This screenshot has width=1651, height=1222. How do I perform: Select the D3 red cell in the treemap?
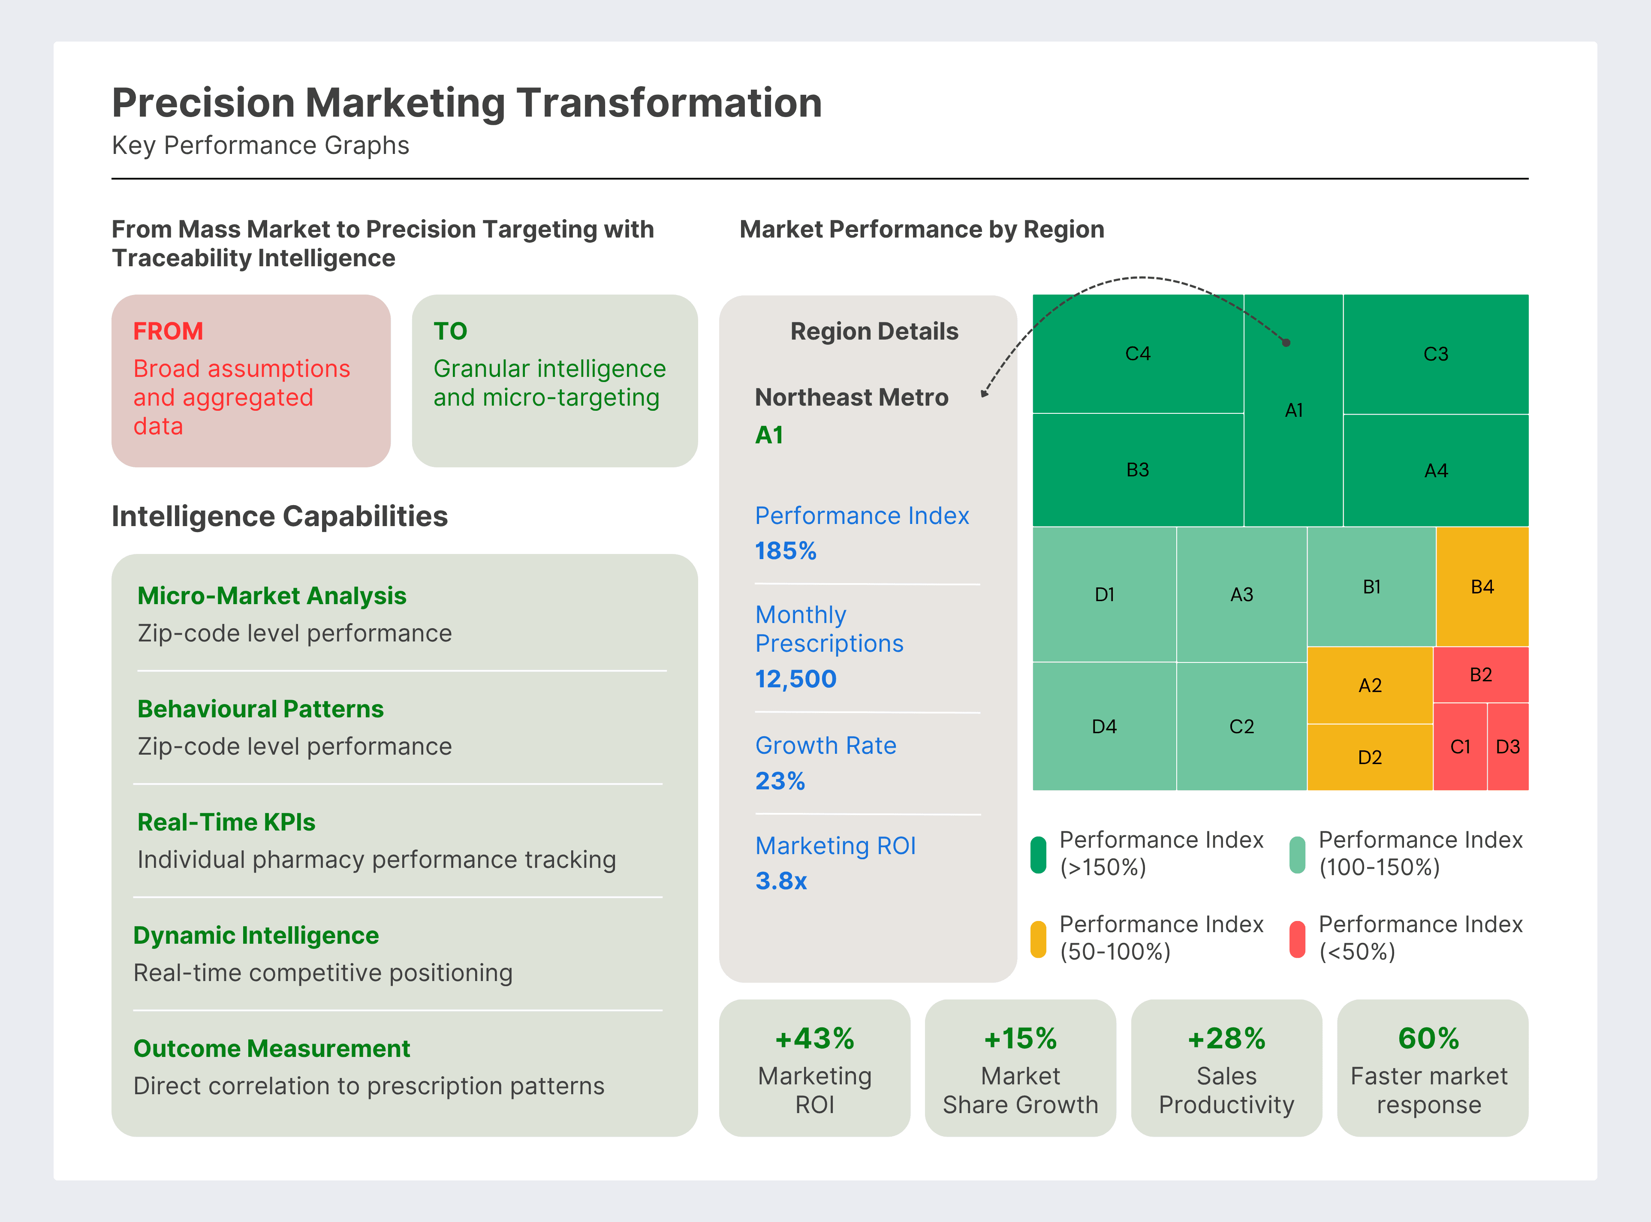[1507, 746]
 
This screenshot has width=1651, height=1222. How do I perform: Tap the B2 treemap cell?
[1481, 674]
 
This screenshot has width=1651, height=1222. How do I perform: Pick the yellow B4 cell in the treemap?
[1482, 587]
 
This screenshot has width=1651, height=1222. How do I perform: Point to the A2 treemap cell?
[1370, 685]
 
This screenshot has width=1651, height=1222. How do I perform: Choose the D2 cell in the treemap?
[1370, 757]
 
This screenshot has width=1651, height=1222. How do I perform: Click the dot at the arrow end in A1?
[1286, 343]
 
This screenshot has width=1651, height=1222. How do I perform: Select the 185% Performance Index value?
[786, 551]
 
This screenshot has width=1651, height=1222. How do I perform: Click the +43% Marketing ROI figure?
[814, 1038]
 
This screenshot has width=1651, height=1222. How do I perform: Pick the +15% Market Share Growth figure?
[1020, 1038]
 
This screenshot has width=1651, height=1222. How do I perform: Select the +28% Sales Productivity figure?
[1226, 1038]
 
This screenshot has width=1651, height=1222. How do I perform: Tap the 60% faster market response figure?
[1428, 1038]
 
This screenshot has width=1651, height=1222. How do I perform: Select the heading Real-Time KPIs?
[226, 822]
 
